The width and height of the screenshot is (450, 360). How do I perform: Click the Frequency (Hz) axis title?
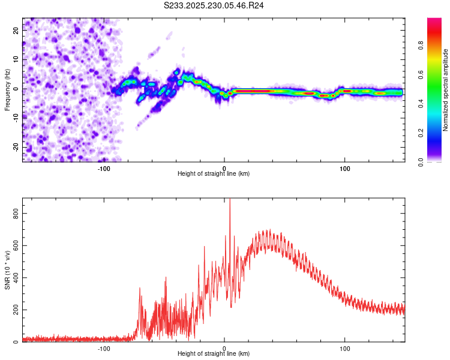click(7, 89)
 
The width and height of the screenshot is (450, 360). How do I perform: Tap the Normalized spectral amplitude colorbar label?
click(446, 90)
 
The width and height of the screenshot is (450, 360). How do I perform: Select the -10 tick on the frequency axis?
click(15, 118)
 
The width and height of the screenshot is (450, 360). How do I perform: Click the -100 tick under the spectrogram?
click(104, 169)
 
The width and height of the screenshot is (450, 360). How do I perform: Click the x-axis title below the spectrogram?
click(214, 174)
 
